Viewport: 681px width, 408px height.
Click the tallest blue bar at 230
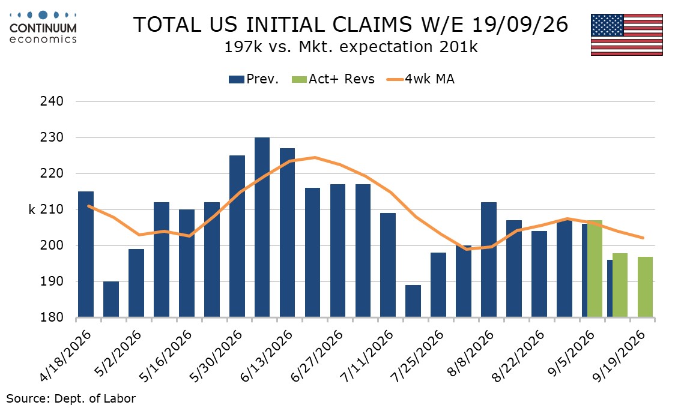[x=262, y=227]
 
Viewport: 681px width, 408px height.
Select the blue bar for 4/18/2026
[x=85, y=254]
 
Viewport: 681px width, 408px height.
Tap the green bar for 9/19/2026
[x=645, y=287]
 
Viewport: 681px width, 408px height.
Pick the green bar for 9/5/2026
[x=595, y=269]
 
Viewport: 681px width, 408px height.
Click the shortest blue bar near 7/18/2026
[x=413, y=301]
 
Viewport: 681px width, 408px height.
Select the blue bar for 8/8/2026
[x=489, y=260]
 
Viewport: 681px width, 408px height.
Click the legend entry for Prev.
[x=253, y=79]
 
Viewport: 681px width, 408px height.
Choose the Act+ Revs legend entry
[x=333, y=79]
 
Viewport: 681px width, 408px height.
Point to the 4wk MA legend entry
[x=420, y=79]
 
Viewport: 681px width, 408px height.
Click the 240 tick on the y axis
[x=52, y=101]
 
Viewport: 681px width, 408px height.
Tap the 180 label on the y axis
[x=52, y=317]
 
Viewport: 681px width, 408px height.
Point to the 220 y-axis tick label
[x=52, y=173]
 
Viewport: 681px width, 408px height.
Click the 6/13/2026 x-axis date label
[x=267, y=356]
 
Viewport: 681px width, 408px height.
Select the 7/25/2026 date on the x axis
[x=418, y=356]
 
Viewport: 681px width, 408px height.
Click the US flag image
[x=627, y=35]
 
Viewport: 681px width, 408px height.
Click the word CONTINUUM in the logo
[x=43, y=28]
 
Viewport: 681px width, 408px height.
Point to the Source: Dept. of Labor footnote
[x=71, y=398]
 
